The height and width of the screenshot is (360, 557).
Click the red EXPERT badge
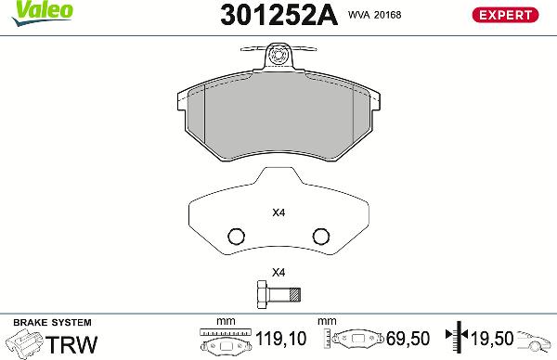[x=507, y=15]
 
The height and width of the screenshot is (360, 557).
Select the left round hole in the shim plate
[x=236, y=235]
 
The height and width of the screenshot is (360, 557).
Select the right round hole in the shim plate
[x=321, y=235]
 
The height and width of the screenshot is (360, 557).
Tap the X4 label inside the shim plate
[x=278, y=212]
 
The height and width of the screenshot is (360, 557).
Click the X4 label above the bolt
[x=278, y=273]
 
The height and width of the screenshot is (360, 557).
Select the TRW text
[x=72, y=344]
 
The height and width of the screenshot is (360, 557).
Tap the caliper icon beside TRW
[x=24, y=345]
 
